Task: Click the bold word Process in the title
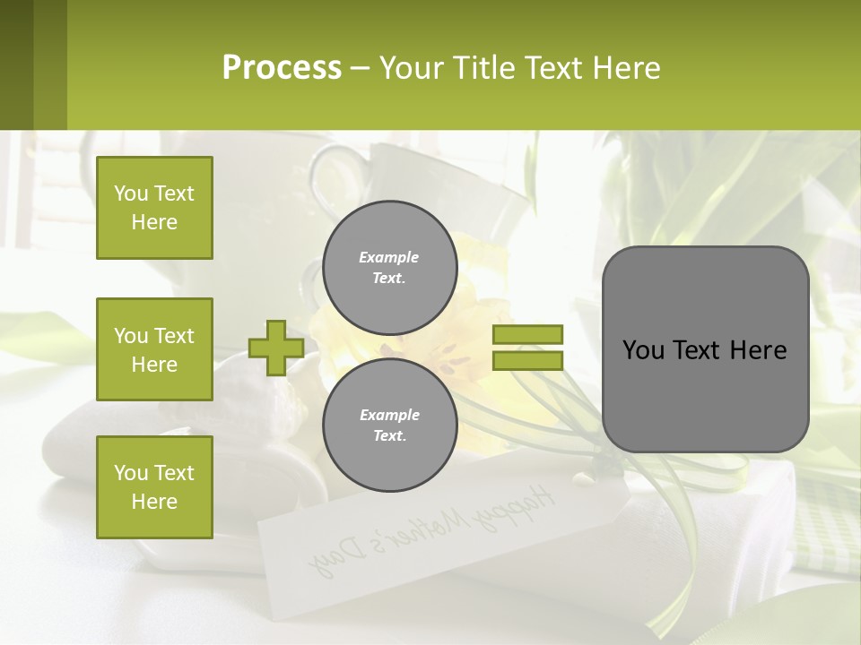click(282, 68)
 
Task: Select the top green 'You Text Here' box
click(154, 208)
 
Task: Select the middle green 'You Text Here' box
click(154, 349)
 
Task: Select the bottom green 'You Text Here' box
click(154, 487)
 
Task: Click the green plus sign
click(275, 348)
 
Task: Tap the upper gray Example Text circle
click(389, 267)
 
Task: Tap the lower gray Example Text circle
click(389, 425)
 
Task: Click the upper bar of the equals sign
click(527, 334)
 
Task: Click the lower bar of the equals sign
click(527, 360)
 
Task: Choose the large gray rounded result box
click(705, 348)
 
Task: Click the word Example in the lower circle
click(389, 415)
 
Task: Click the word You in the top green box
click(131, 193)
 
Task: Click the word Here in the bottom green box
click(154, 502)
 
